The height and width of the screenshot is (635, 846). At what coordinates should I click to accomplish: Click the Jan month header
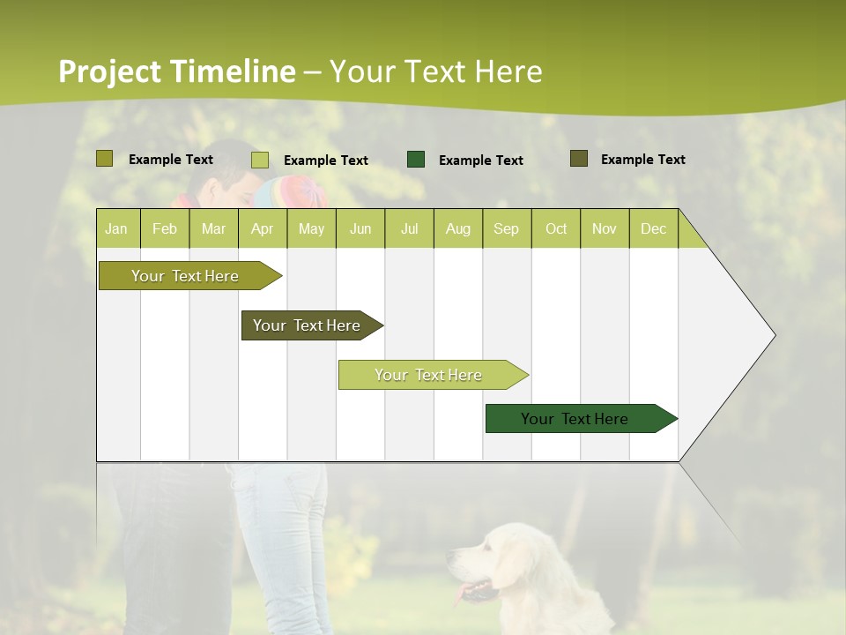[117, 228]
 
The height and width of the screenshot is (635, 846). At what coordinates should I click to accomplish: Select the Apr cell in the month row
[262, 228]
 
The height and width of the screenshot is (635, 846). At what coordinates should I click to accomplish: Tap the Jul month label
[409, 228]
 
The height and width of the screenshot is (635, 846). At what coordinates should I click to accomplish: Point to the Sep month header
[506, 228]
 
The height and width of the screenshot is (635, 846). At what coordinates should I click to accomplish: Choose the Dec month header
[653, 228]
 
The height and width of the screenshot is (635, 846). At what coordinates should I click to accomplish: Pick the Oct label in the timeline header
[555, 228]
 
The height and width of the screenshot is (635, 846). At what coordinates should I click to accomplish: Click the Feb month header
[165, 228]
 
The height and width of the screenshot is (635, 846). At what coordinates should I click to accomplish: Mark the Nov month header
[604, 228]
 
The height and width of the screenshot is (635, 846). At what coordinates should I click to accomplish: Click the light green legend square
[260, 160]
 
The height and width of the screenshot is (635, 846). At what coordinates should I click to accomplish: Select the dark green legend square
[416, 160]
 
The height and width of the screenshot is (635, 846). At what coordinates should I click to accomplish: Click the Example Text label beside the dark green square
[480, 161]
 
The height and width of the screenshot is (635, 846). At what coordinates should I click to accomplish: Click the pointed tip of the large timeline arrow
[774, 335]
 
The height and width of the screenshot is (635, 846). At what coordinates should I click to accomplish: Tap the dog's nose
[450, 557]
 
